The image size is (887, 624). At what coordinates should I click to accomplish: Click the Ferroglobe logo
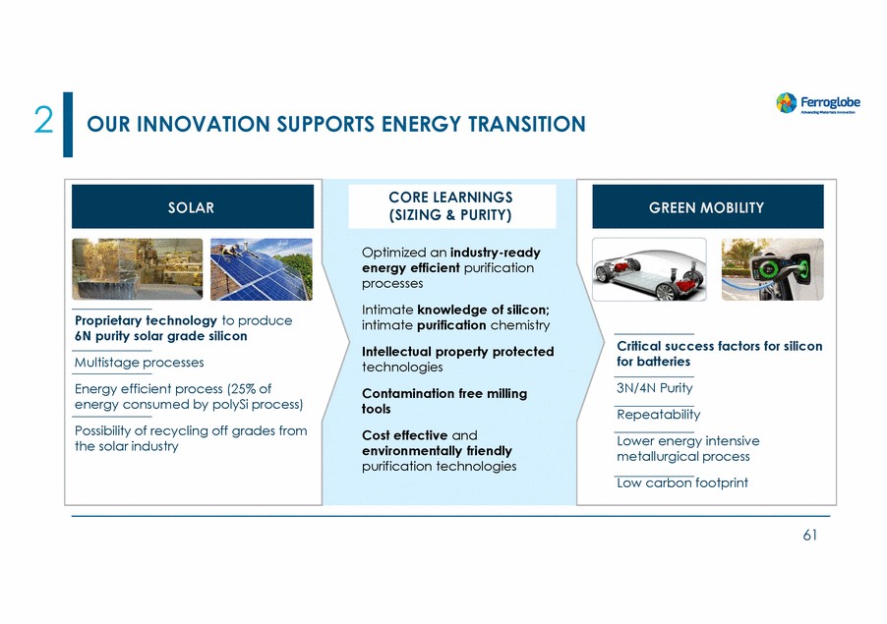[x=818, y=103]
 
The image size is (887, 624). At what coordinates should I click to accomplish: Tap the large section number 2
[x=43, y=121]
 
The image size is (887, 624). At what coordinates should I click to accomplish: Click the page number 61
[x=810, y=536]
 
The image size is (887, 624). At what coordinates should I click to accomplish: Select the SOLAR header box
[x=193, y=207]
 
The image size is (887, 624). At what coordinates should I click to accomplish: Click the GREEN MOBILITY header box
[x=708, y=207]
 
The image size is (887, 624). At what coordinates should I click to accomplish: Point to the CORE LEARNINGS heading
[x=450, y=206]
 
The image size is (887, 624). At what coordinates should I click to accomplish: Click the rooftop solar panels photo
[x=262, y=269]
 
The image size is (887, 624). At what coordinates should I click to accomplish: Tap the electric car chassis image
[x=649, y=269]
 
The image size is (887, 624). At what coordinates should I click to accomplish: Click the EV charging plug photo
[x=773, y=269]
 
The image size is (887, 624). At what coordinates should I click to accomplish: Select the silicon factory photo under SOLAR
[x=138, y=269]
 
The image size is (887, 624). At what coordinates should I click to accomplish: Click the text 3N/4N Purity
[x=655, y=388]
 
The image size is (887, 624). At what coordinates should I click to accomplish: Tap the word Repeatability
[x=659, y=415]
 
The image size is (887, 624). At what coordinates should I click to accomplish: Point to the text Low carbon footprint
[x=682, y=482]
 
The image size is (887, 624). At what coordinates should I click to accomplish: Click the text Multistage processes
[x=140, y=363]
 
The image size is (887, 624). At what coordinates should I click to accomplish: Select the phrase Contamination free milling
[x=444, y=393]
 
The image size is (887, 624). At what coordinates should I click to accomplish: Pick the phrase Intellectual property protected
[x=458, y=352]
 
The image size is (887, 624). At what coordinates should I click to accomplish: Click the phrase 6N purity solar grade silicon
[x=161, y=336]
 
